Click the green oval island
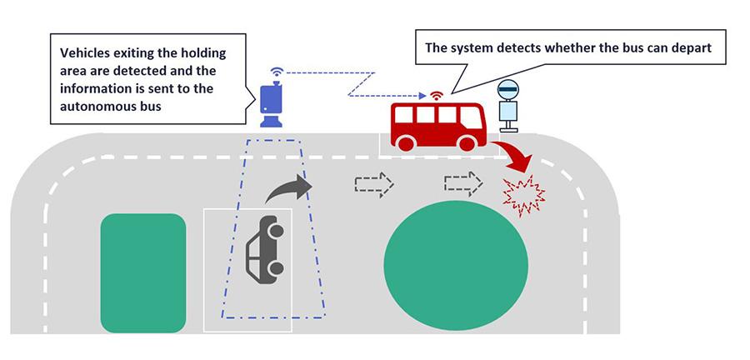coord(455,262)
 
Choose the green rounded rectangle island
coord(142,272)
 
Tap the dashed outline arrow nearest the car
coord(373,184)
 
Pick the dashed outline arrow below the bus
coord(462,183)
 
